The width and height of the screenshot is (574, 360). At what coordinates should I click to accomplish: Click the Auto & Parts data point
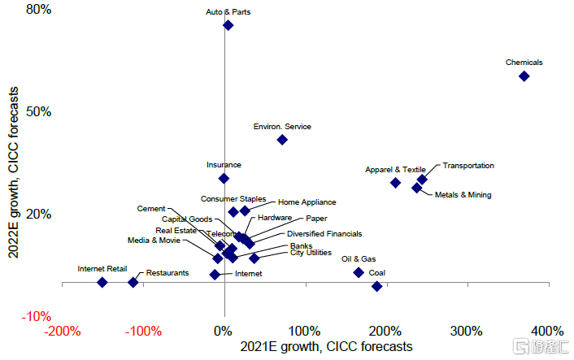pos(228,25)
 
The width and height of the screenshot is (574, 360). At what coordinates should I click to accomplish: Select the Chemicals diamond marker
pos(524,76)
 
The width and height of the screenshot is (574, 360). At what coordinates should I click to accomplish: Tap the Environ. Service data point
pos(282,139)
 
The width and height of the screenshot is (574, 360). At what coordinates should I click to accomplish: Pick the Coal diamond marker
pos(376,286)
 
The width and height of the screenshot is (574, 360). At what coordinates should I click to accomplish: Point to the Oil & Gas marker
pos(359,272)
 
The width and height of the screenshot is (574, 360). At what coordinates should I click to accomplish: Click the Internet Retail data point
pos(102,282)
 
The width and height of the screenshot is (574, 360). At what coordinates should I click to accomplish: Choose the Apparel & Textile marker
pos(395,183)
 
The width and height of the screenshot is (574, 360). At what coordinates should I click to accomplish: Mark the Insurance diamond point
pos(224,178)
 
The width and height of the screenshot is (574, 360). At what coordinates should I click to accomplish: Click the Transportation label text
pos(467,166)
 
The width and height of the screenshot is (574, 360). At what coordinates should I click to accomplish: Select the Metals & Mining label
pos(463,195)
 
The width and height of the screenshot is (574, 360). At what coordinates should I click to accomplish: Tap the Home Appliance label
pos(307,202)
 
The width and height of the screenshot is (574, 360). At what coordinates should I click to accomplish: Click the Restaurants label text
pos(167,273)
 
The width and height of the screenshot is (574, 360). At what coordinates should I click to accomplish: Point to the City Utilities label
pos(311,253)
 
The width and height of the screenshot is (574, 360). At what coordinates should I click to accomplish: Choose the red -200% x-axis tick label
pos(63,332)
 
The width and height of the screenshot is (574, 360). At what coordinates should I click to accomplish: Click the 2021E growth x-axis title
pos(325,347)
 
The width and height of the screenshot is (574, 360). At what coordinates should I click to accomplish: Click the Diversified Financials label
pos(324,233)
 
